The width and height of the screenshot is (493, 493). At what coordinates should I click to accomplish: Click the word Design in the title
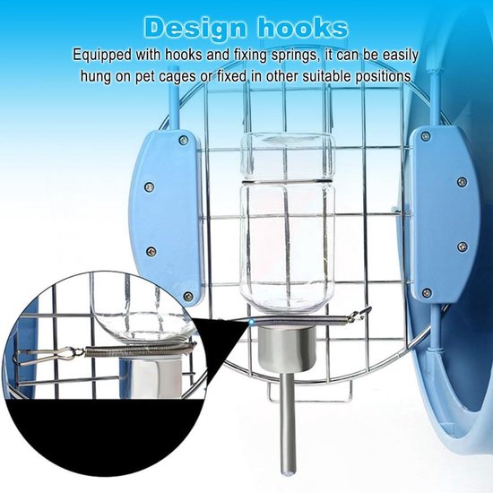pos(198,29)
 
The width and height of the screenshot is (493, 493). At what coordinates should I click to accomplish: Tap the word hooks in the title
pos(303,28)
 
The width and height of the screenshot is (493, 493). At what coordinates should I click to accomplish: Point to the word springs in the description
pos(294,56)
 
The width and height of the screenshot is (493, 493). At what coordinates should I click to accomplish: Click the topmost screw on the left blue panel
pos(184,140)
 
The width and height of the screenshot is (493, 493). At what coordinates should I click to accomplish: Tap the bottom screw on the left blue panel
pos(188,296)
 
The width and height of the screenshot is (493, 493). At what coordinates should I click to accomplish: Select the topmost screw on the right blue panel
pos(426,136)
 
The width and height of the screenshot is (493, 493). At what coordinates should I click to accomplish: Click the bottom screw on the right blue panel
pos(427,292)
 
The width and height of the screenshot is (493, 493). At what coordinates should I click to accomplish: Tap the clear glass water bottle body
pos(287,221)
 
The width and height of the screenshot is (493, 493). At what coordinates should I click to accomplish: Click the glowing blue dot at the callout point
pos(251,321)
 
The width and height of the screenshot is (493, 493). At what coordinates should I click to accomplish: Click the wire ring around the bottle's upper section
pos(287,181)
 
